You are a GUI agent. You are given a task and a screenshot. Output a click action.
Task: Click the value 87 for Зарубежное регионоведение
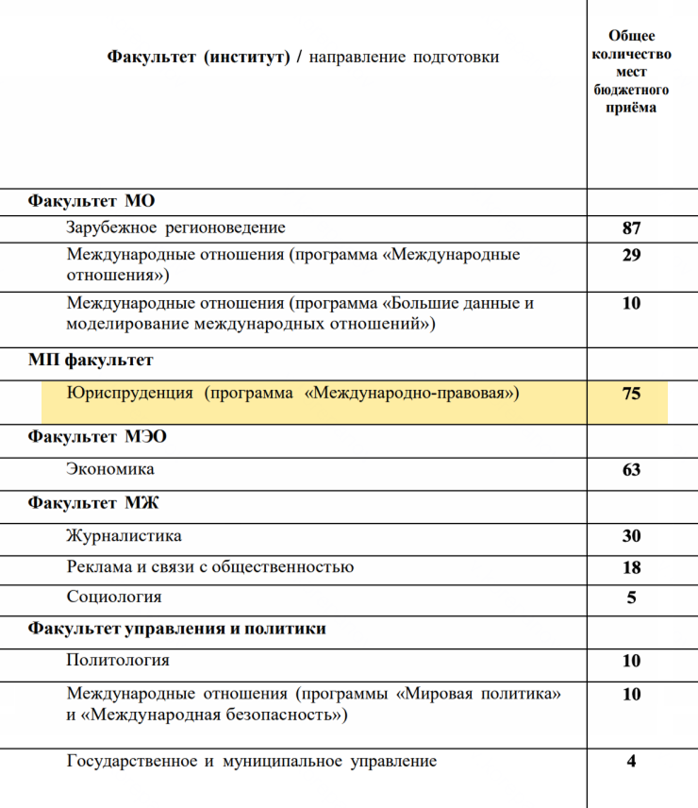[631, 228]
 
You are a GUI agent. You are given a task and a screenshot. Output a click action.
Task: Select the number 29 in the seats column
[631, 256]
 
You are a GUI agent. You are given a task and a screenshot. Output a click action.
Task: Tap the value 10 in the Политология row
[631, 662]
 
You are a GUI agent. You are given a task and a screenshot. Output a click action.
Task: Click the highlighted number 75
[631, 394]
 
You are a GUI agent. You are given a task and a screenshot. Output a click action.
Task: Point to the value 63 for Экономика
[631, 470]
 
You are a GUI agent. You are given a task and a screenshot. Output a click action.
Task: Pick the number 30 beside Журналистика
[631, 536]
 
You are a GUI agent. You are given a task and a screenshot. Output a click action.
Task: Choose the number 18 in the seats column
[631, 567]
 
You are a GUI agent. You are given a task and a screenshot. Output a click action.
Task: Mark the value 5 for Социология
[631, 598]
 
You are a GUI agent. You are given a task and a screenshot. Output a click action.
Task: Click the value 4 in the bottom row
[631, 762]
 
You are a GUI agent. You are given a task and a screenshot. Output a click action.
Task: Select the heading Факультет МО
[91, 201]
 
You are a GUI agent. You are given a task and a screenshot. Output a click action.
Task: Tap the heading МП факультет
[91, 360]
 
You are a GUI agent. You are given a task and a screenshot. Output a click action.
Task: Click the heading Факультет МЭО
[97, 437]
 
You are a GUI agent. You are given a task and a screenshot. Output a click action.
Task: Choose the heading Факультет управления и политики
[177, 628]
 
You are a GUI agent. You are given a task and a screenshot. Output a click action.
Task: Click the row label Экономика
[110, 469]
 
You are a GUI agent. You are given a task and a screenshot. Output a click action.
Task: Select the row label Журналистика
[124, 536]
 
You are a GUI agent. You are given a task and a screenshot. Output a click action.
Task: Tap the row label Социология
[114, 597]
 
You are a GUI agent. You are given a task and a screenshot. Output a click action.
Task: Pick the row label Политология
[118, 660]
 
